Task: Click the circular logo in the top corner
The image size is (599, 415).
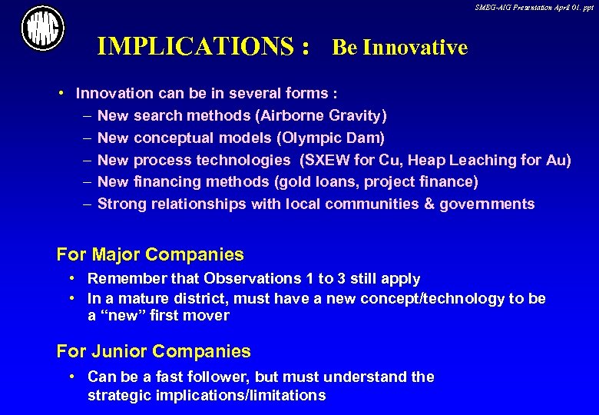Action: coord(42,30)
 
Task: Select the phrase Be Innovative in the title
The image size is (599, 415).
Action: coord(399,48)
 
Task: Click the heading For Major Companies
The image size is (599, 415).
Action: coord(151,254)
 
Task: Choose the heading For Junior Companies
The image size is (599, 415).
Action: coord(154,351)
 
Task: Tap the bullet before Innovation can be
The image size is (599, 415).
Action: coord(61,94)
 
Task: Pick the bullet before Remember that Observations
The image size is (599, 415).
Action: coord(71,278)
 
